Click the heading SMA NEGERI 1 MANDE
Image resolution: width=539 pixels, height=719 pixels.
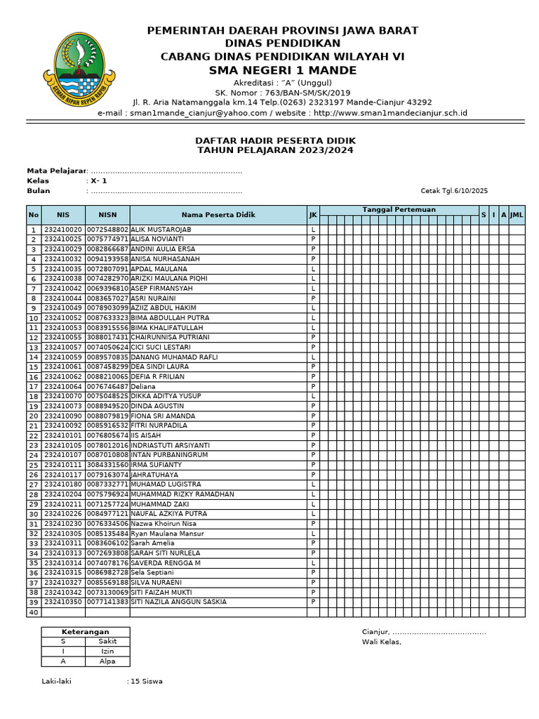point(282,70)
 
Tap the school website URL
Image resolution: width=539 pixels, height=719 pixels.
point(390,112)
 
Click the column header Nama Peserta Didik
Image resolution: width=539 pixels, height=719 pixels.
point(218,215)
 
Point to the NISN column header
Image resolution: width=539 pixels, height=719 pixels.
point(107,215)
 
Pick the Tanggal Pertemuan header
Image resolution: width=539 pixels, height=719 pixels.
point(399,210)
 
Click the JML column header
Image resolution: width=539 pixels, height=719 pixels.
point(517,215)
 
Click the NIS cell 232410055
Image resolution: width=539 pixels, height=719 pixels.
point(63,337)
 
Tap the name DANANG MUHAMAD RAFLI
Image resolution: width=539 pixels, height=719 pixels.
point(173,357)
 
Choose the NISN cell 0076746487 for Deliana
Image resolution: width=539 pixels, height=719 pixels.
point(107,386)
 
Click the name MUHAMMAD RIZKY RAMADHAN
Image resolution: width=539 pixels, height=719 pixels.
point(182,494)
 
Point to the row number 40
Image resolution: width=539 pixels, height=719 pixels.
point(33,612)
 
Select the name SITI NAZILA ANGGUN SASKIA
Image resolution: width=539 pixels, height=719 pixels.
point(178,602)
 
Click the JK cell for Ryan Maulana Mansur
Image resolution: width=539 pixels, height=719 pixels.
point(313,534)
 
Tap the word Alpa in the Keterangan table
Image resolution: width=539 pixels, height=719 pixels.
point(107,661)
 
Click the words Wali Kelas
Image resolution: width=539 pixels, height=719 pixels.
point(382,642)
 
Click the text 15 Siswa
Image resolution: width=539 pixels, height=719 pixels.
point(147,681)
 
